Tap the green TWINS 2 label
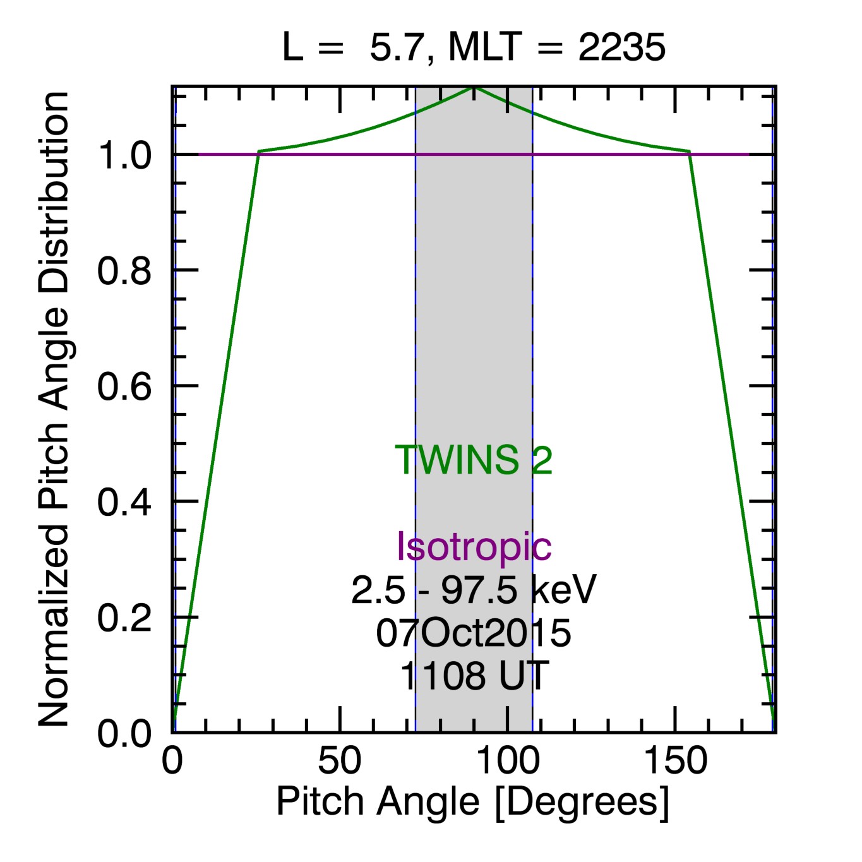pyautogui.click(x=474, y=460)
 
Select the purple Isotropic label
pyautogui.click(x=474, y=547)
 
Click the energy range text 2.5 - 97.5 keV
pyautogui.click(x=474, y=590)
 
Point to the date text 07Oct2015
pyautogui.click(x=474, y=633)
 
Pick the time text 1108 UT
pyautogui.click(x=474, y=676)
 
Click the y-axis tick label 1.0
pyautogui.click(x=124, y=155)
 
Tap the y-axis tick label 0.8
pyautogui.click(x=124, y=271)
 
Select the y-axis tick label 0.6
pyautogui.click(x=124, y=386)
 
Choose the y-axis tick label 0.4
pyautogui.click(x=124, y=502)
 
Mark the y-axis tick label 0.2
pyautogui.click(x=124, y=618)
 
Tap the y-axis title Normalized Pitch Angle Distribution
pyautogui.click(x=54, y=409)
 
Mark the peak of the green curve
pyautogui.click(x=474, y=87)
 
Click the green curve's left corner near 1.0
pyautogui.click(x=258, y=152)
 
